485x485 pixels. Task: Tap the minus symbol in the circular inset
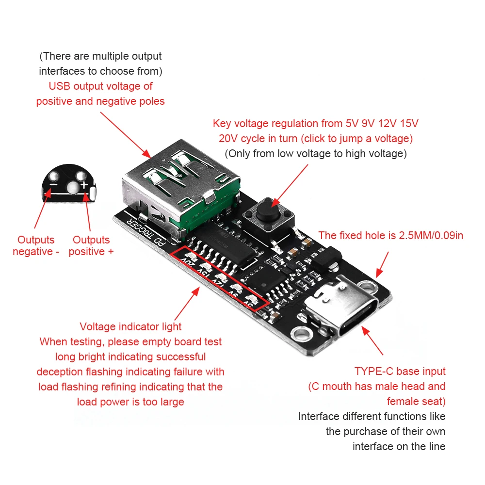click(x=54, y=185)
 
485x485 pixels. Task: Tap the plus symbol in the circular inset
click(x=84, y=185)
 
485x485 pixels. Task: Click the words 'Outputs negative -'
click(x=36, y=245)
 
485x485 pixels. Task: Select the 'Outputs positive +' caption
click(x=91, y=245)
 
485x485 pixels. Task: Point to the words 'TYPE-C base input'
click(x=400, y=372)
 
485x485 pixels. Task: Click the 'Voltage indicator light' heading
click(x=130, y=326)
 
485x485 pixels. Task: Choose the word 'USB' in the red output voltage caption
click(x=60, y=86)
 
